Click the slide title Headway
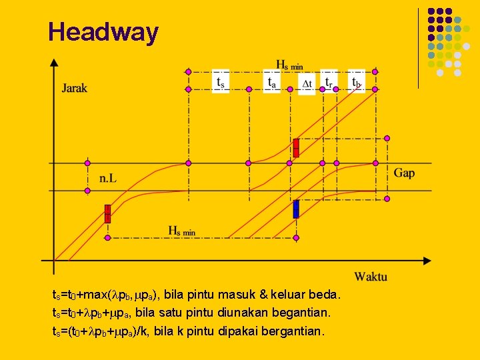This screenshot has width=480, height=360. (103, 32)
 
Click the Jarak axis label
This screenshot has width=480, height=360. (75, 88)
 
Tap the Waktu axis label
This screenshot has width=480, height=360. (370, 276)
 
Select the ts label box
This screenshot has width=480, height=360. (221, 81)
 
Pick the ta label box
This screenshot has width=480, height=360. (272, 81)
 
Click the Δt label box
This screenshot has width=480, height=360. (307, 83)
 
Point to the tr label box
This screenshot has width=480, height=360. (329, 81)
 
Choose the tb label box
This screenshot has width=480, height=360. (357, 81)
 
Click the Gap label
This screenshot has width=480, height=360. (404, 173)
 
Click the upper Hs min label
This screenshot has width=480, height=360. (290, 64)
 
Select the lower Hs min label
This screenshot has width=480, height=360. (181, 231)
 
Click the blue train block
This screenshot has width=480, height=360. (296, 209)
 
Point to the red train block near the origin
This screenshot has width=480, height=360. (107, 213)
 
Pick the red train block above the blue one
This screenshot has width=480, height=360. (296, 148)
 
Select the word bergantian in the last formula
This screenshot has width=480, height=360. (295, 331)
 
